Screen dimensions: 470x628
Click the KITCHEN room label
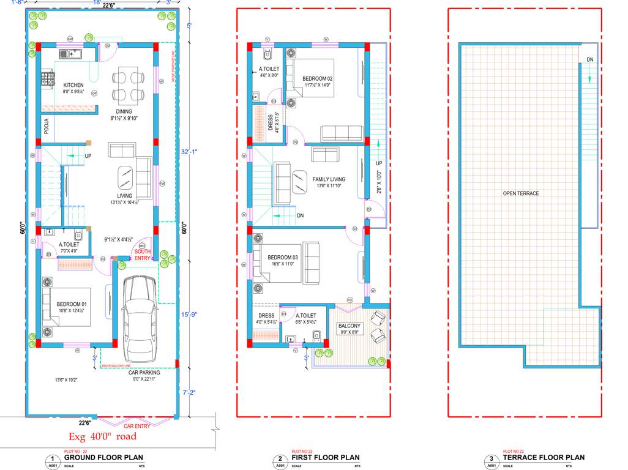[x=73, y=85]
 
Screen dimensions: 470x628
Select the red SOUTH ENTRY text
[x=143, y=255]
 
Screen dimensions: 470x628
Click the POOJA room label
[x=46, y=127]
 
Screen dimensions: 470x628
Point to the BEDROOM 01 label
[x=72, y=304]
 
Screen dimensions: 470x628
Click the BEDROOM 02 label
[x=317, y=78]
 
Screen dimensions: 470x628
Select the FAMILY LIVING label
[x=329, y=179]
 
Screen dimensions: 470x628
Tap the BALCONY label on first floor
[x=350, y=326]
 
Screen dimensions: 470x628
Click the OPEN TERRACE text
[x=521, y=193]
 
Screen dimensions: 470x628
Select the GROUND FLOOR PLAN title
[x=103, y=458]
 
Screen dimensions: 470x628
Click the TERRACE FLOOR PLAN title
[x=543, y=458]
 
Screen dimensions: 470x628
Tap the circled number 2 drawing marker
[x=280, y=458]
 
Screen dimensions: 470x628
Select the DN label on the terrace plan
[x=589, y=59]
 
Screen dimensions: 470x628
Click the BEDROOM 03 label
[x=282, y=257]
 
